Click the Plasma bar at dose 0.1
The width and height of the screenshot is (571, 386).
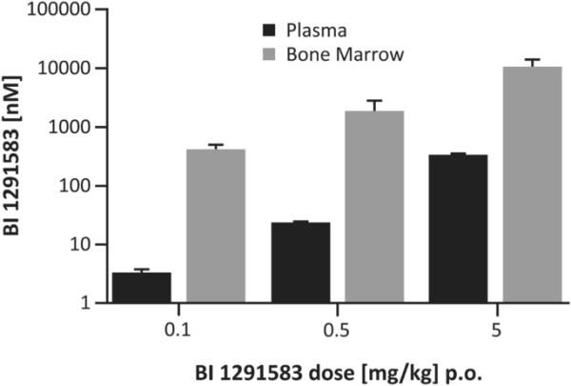(x=142, y=288)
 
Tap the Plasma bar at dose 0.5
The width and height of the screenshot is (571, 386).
(x=301, y=263)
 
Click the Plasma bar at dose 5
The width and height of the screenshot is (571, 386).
(x=459, y=229)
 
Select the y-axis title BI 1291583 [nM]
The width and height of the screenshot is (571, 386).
(x=16, y=157)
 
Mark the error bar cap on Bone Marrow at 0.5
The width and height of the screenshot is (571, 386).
(x=374, y=100)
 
